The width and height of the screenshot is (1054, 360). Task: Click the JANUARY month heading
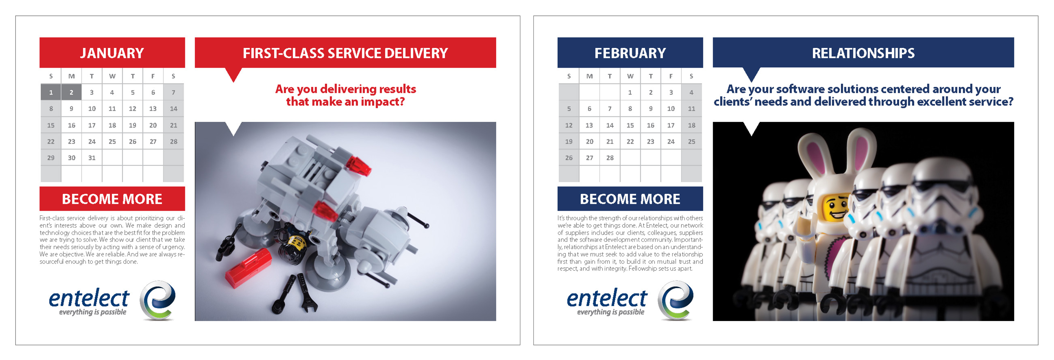[x=112, y=53]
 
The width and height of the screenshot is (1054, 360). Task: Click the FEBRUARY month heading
[x=630, y=53]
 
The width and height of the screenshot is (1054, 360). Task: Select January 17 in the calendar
[x=92, y=125]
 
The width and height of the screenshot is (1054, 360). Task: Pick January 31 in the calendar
[x=92, y=158]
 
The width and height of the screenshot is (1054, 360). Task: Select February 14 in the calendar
[x=610, y=125]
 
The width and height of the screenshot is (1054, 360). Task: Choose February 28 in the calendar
[x=610, y=158]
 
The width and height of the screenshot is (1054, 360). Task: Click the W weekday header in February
[x=630, y=76]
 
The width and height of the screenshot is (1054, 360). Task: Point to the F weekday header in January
[x=153, y=76]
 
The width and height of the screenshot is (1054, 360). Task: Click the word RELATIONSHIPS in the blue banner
[x=863, y=53]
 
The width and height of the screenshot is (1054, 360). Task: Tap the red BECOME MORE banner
[x=112, y=199]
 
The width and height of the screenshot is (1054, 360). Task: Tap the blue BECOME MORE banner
[x=630, y=199]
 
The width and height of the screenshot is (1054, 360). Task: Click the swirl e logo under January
[x=158, y=300]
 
